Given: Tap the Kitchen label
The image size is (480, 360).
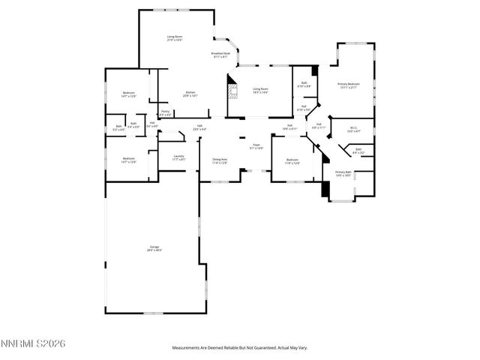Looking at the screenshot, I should click(x=190, y=94).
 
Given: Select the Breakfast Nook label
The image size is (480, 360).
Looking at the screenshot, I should click(x=220, y=55).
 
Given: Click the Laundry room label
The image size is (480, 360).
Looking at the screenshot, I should click(x=178, y=158).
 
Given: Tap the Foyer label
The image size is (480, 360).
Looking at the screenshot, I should click(x=256, y=145).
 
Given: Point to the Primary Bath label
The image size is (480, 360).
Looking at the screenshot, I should click(x=343, y=172).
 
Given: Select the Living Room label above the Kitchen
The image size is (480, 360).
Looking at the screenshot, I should click(x=175, y=37).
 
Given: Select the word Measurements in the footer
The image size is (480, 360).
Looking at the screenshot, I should click(x=187, y=347).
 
